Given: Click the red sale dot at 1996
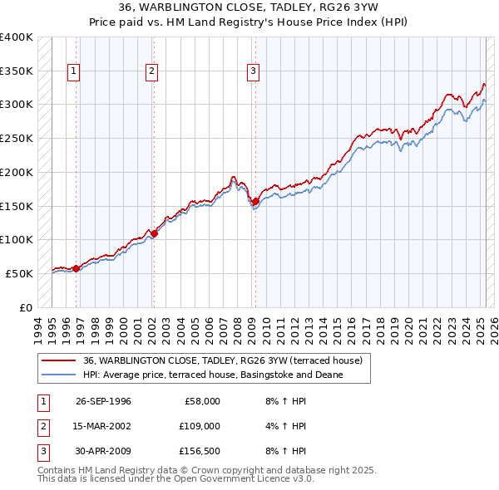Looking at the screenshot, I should pos(76,268).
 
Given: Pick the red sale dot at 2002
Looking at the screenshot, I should pos(154,233).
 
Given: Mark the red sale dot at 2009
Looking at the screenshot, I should pos(255,201).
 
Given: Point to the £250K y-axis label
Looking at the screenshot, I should pos(16,138).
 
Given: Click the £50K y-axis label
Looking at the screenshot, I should pos(19,273).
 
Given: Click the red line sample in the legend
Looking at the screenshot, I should pos(58,361).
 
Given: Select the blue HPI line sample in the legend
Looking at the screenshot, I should pos(58,375).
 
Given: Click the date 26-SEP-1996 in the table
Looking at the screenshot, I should pos(103,401).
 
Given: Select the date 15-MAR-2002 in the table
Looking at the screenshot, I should pos(103,426).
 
